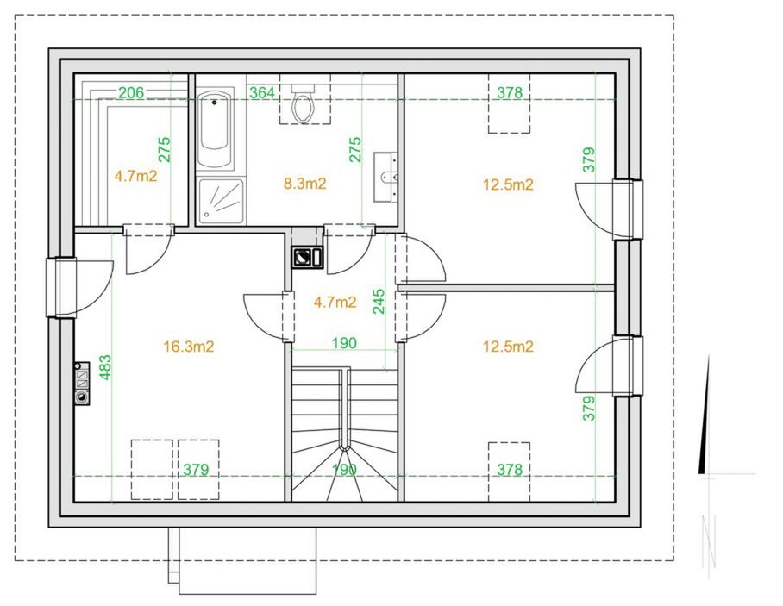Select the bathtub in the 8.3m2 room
pyautogui.click(x=216, y=129)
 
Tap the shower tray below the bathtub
pyautogui.click(x=221, y=201)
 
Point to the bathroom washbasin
pyautogui.click(x=385, y=178)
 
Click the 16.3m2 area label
pyautogui.click(x=189, y=347)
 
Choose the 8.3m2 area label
pyautogui.click(x=304, y=184)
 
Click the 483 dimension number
pyautogui.click(x=105, y=367)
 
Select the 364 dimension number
pyautogui.click(x=262, y=92)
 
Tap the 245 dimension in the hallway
pyautogui.click(x=379, y=302)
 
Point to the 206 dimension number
pyautogui.click(x=131, y=92)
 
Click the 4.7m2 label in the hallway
pyautogui.click(x=335, y=302)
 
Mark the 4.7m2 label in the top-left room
pyautogui.click(x=135, y=176)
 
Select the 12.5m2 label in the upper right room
pyautogui.click(x=508, y=184)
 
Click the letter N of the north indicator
pyautogui.click(x=709, y=541)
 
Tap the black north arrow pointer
pyautogui.click(x=705, y=415)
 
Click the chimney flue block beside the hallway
pyautogui.click(x=308, y=258)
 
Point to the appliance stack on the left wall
pyautogui.click(x=82, y=384)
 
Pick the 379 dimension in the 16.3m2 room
pyautogui.click(x=196, y=470)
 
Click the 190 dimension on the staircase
pyautogui.click(x=345, y=470)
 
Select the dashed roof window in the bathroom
pyautogui.click(x=304, y=99)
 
